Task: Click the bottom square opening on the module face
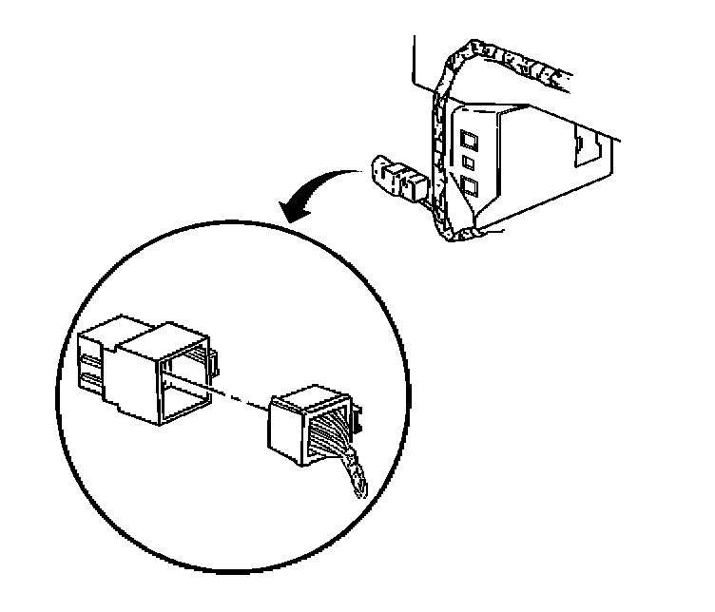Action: pos(470,183)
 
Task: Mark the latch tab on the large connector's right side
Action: pos(215,360)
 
